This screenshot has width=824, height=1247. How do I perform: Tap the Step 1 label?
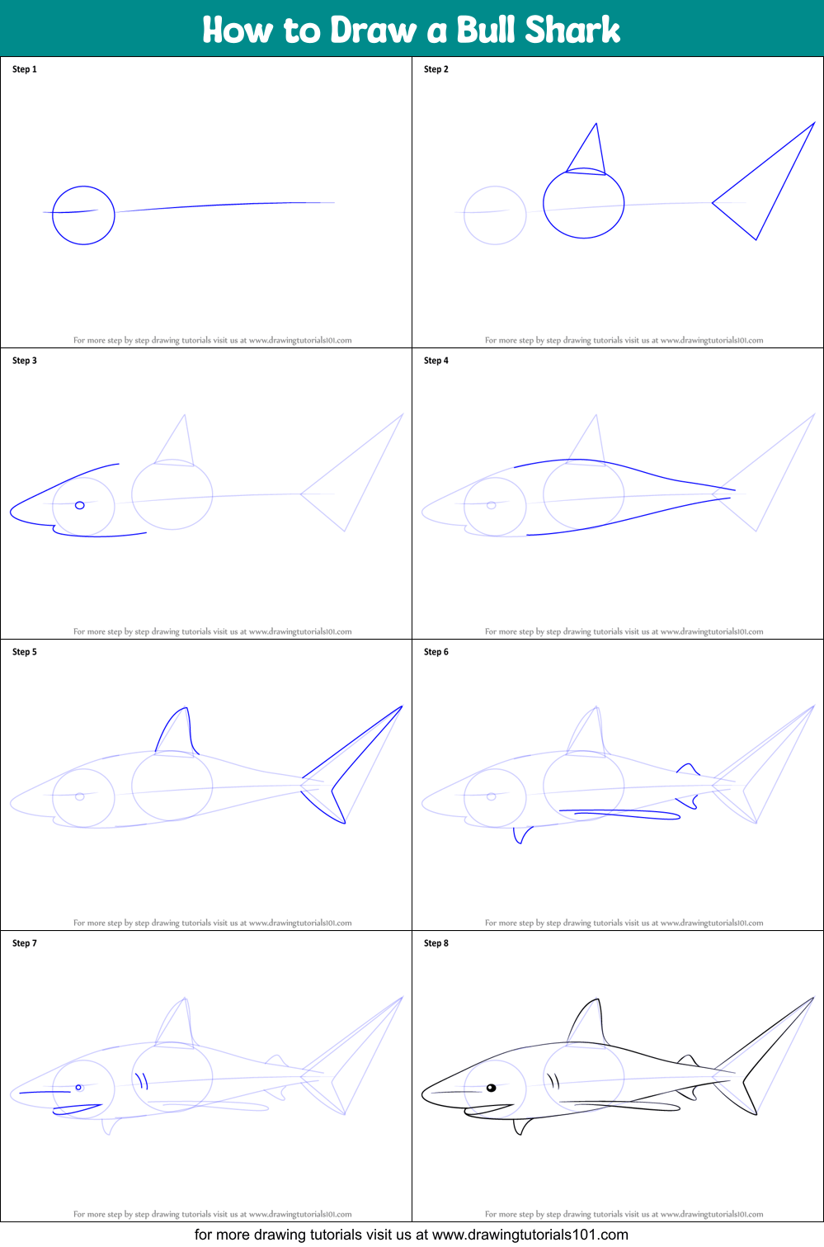pos(25,69)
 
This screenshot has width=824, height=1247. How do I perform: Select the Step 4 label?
pos(436,361)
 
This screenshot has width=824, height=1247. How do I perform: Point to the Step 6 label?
pos(436,652)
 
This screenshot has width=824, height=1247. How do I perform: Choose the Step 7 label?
pos(25,943)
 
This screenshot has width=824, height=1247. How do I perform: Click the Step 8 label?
pos(436,943)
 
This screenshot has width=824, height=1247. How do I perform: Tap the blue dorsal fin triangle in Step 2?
pos(597,125)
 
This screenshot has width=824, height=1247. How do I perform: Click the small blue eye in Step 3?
pos(79,505)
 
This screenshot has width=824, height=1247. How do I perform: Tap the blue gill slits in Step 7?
pos(143,1080)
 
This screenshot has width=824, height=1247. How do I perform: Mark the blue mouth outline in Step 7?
pos(78,1108)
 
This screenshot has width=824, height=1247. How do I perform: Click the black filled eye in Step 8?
pos(492,1088)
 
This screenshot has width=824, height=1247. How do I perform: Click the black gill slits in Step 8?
pos(553,1081)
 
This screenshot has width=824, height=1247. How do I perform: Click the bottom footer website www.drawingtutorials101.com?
pos(530,1235)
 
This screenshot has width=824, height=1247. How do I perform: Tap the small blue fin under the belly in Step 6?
pos(521,835)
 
